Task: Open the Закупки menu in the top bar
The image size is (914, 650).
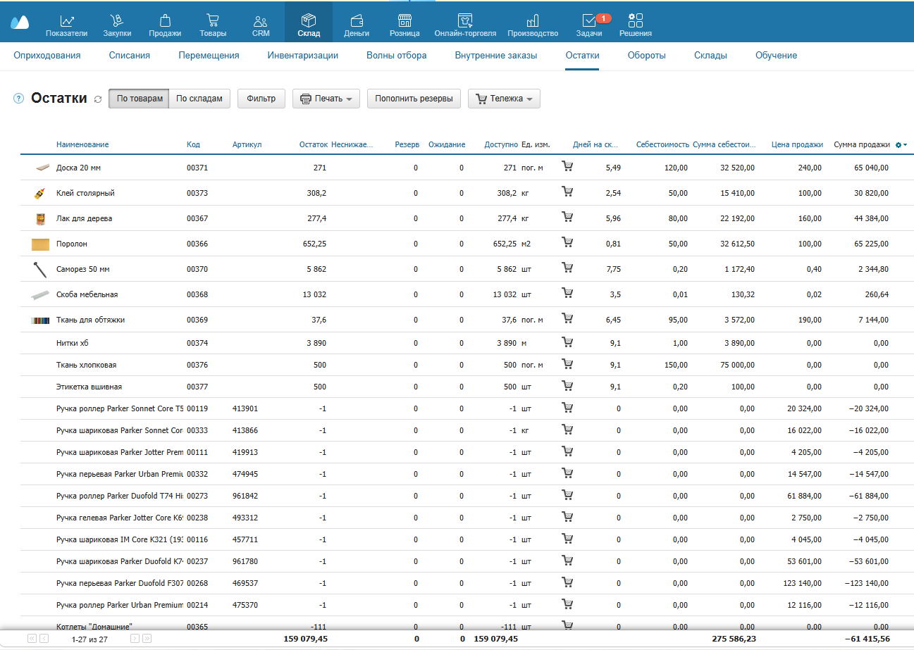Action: (117, 25)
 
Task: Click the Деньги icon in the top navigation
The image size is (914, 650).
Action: (357, 20)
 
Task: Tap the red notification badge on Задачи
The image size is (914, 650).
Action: (603, 18)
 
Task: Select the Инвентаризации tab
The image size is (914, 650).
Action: (303, 56)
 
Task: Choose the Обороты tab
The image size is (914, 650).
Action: (646, 56)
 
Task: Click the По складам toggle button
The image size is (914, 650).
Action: (199, 99)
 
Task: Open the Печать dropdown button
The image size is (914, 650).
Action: (326, 99)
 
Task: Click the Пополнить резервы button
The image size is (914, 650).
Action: (414, 99)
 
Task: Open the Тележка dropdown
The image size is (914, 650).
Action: (504, 99)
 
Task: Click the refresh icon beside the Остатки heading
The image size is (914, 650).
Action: (98, 99)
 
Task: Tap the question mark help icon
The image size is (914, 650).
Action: (19, 99)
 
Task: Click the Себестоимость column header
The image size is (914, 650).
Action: (662, 144)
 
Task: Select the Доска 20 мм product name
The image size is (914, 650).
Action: (78, 168)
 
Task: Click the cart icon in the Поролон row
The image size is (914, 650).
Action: (567, 242)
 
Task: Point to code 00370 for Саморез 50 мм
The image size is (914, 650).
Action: (197, 269)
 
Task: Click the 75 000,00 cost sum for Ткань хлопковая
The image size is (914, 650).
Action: (737, 365)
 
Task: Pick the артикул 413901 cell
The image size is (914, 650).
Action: (245, 408)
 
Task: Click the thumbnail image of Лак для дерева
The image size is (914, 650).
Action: (40, 219)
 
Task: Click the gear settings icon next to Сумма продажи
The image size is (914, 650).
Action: (898, 145)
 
